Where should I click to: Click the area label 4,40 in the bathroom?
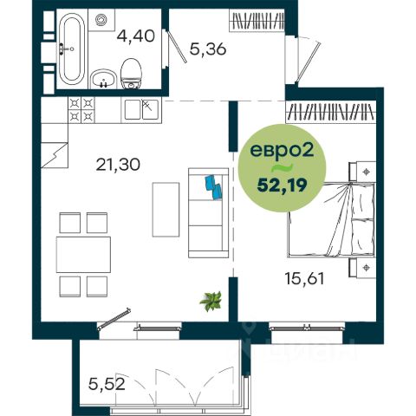coord(136,37)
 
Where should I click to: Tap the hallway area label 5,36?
coord(208,49)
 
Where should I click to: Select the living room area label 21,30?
coord(118,165)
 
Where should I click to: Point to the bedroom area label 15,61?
coord(304,279)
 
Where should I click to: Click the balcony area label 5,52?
coord(107,384)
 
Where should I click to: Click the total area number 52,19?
coord(282,185)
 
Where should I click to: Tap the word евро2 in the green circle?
coord(282,150)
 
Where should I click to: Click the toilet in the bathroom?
coord(131,74)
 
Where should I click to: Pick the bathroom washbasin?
coord(103,79)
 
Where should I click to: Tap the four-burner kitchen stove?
coord(81,110)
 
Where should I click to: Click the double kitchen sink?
coord(141,110)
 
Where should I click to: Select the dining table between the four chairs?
coord(83,255)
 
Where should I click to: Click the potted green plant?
coord(211,301)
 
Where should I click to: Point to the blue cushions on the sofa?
coord(213,187)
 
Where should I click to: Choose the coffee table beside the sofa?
coord(166,210)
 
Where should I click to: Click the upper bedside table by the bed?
coord(362,172)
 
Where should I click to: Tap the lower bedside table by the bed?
coord(362,268)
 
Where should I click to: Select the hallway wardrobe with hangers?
coord(257,20)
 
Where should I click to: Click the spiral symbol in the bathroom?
coord(101,20)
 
